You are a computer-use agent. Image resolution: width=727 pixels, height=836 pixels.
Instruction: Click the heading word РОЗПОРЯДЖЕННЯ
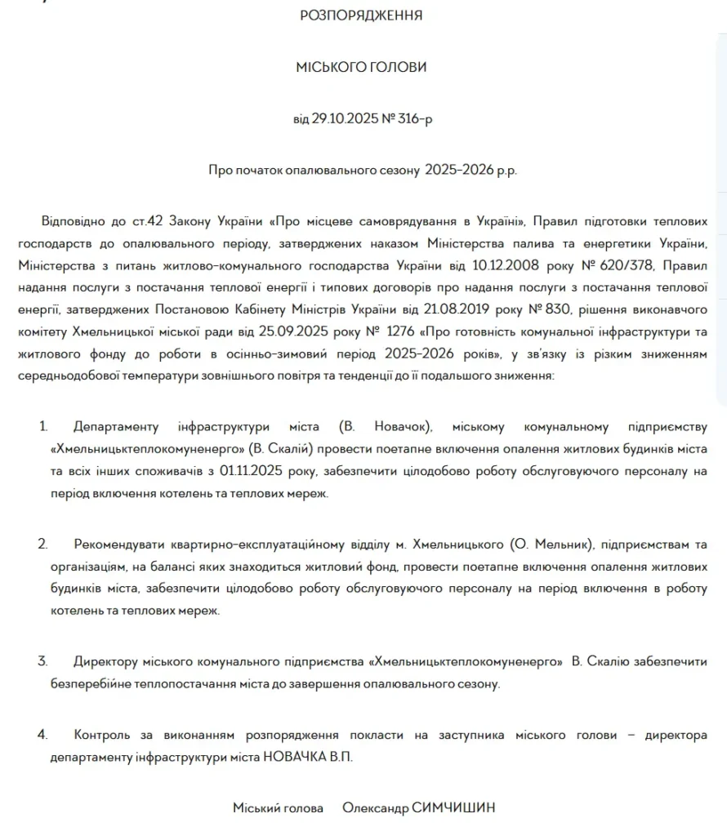(362, 15)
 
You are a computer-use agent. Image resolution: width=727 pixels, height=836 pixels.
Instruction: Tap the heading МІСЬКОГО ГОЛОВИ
(361, 67)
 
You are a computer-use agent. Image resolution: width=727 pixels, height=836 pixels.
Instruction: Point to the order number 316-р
(416, 118)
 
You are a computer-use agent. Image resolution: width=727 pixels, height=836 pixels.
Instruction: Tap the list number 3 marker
(42, 661)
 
